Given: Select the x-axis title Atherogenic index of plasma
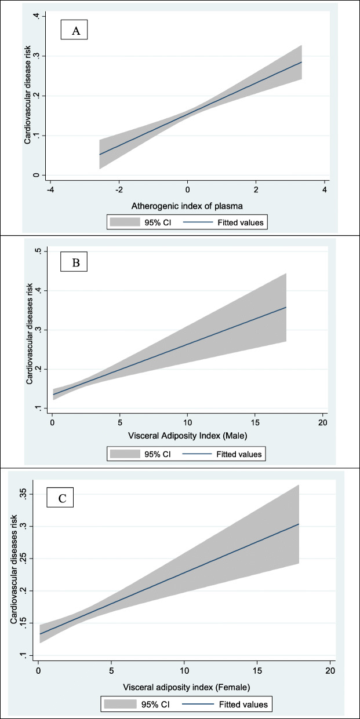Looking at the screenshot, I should [x=187, y=205].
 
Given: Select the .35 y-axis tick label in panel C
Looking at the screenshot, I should [x=22, y=494].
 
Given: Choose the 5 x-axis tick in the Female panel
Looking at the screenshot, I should [x=111, y=672].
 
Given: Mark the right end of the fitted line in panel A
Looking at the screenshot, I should [x=301, y=62].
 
